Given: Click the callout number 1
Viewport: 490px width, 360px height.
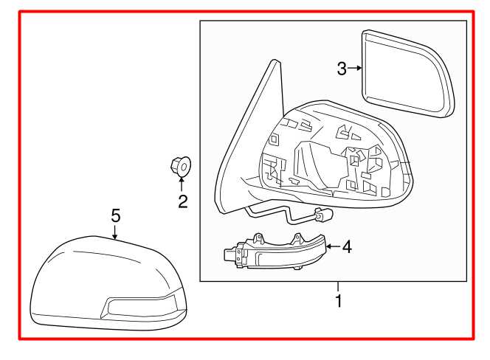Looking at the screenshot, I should point(338,301).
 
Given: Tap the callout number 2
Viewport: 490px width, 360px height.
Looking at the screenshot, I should point(182,200).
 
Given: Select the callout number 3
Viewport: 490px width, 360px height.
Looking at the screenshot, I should point(342,69).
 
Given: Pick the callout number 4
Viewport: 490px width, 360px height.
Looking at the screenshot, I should point(346,247).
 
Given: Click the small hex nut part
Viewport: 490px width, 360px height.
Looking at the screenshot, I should point(181,166).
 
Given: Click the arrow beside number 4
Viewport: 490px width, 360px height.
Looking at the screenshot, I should point(332,247).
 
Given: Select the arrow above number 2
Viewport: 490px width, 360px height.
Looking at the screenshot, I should point(182,183).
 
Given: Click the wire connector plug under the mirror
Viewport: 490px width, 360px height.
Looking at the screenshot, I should point(324,216).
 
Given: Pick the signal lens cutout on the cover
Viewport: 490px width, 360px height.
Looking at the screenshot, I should point(140,305).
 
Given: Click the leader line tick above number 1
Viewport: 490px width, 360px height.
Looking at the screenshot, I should point(338,287).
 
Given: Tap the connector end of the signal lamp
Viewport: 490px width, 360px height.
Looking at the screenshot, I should point(230,255).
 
